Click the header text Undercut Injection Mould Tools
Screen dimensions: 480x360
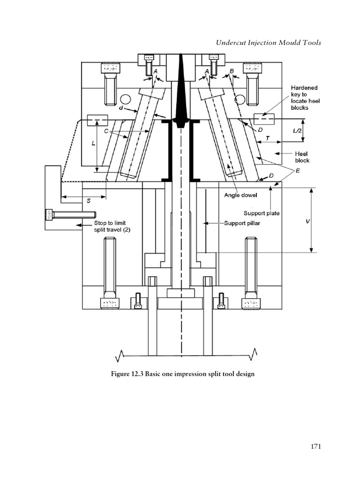tap(268, 43)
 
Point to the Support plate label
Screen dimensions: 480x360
tap(261, 213)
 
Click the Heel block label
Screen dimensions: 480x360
tap(302, 157)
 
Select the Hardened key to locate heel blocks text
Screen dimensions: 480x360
tap(305, 97)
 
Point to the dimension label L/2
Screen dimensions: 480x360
tap(298, 131)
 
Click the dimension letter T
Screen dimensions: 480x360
tap(267, 139)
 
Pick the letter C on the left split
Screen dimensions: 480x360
tap(106, 131)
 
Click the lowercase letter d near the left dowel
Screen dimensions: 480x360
tap(121, 108)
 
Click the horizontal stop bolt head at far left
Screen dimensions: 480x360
tap(48, 215)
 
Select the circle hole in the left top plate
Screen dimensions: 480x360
tap(125, 99)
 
